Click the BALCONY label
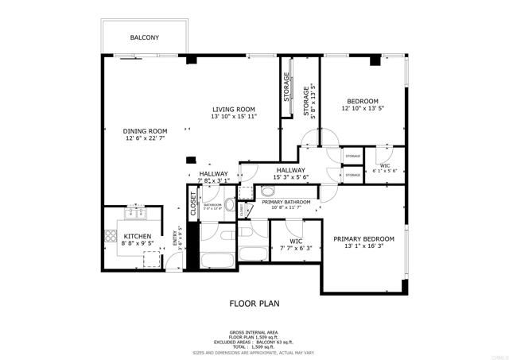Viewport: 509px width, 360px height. tap(145, 37)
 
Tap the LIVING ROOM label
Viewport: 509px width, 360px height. tap(232, 109)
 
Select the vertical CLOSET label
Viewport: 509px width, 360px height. tap(192, 203)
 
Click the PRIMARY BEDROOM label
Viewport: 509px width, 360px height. tap(363, 238)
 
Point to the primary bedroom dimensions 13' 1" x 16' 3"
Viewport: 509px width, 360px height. tap(363, 246)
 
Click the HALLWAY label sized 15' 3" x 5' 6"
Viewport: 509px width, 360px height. tap(291, 170)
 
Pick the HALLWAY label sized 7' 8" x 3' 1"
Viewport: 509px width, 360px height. tap(214, 174)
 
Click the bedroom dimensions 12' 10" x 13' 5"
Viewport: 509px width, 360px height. tap(361, 110)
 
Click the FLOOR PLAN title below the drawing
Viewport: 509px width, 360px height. tap(254, 304)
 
